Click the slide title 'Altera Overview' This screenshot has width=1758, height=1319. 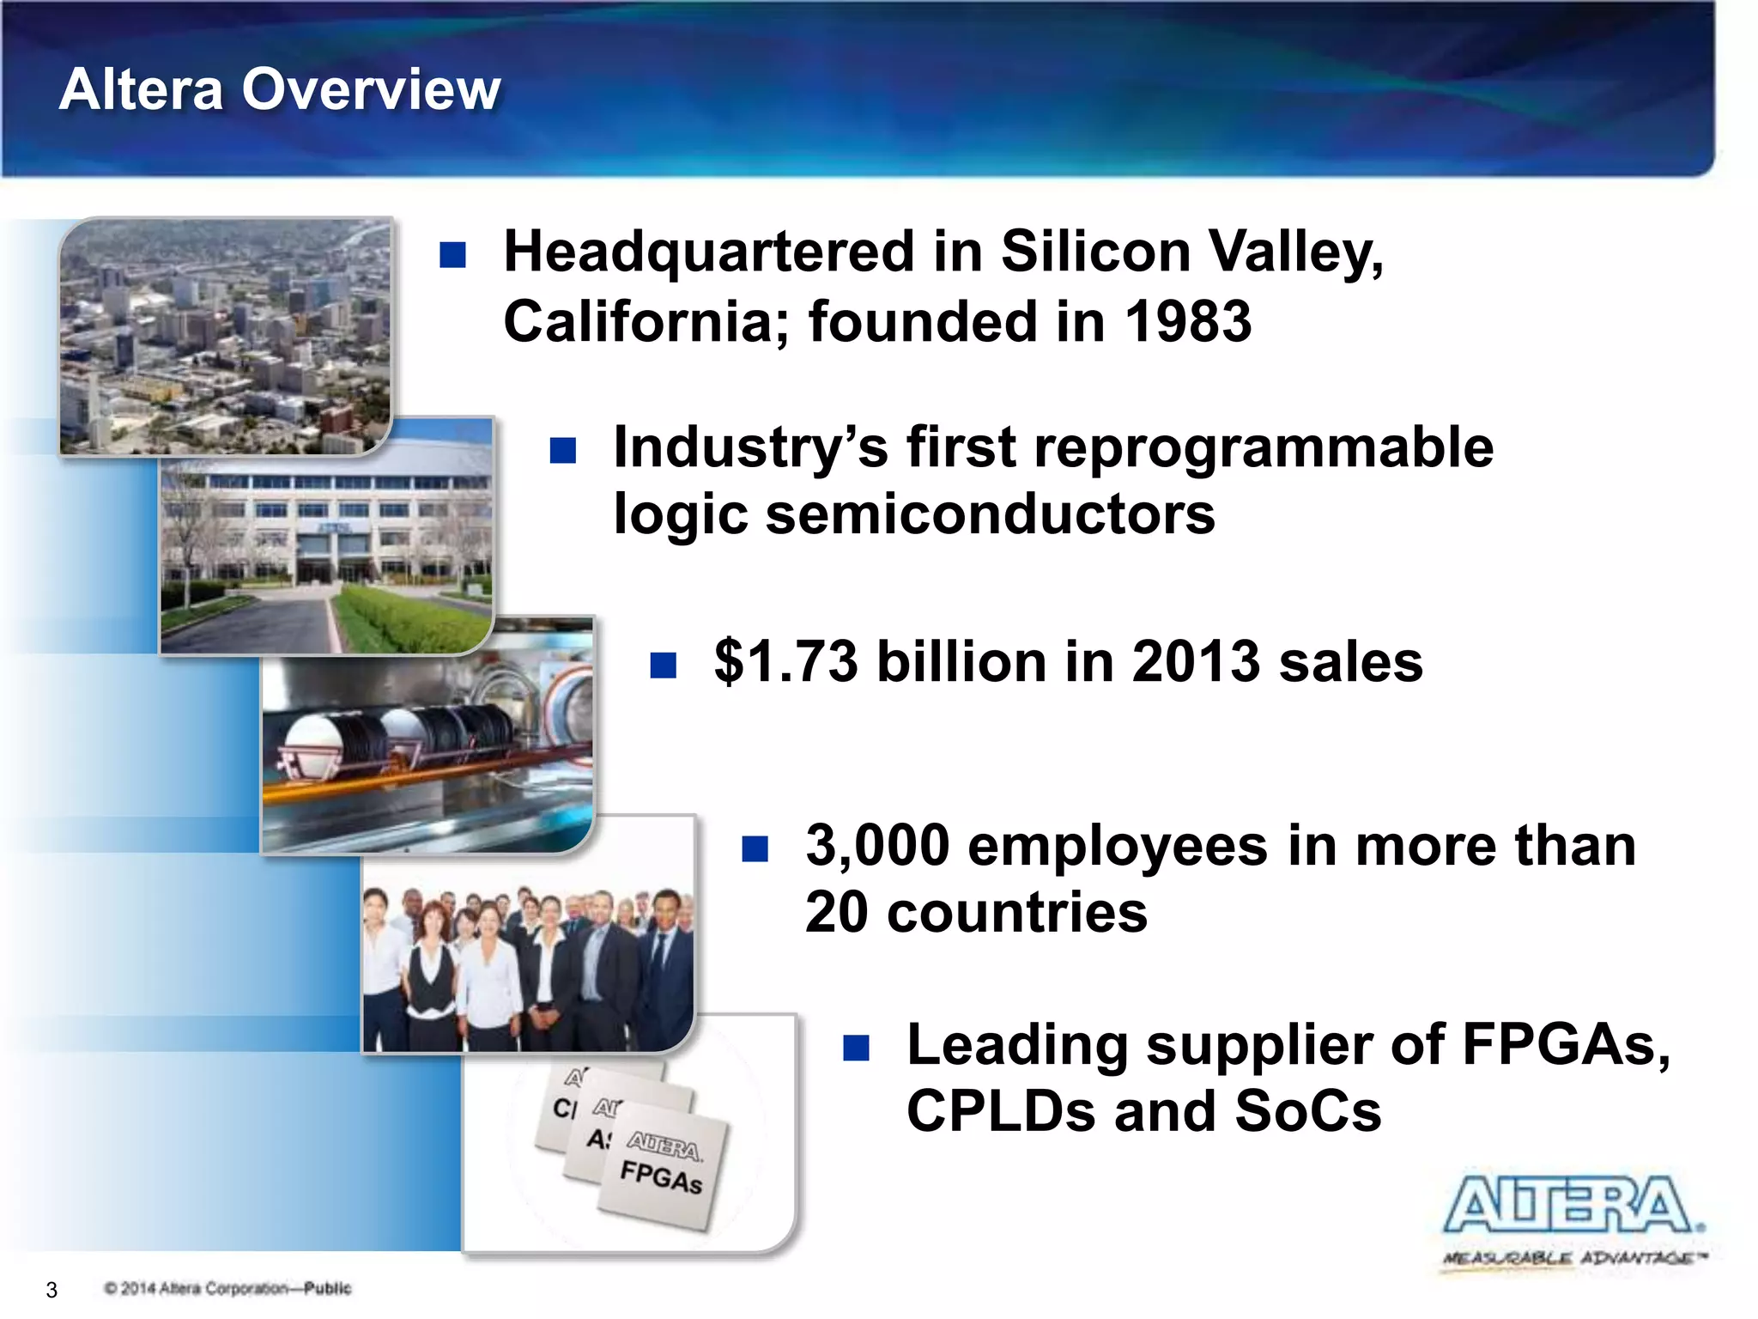280,89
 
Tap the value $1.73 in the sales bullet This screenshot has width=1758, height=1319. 785,662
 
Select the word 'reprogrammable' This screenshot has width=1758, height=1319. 1264,447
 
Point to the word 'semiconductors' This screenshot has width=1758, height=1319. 990,514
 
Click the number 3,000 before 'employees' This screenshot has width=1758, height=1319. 876,846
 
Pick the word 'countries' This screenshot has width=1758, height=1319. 1017,912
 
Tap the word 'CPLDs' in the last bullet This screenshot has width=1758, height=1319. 1001,1111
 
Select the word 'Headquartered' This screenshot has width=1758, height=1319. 709,252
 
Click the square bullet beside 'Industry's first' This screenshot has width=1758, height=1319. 563,450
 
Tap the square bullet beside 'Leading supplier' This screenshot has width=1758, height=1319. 856,1048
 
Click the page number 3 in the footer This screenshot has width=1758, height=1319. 52,1290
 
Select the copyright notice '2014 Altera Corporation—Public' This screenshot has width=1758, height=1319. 228,1288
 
